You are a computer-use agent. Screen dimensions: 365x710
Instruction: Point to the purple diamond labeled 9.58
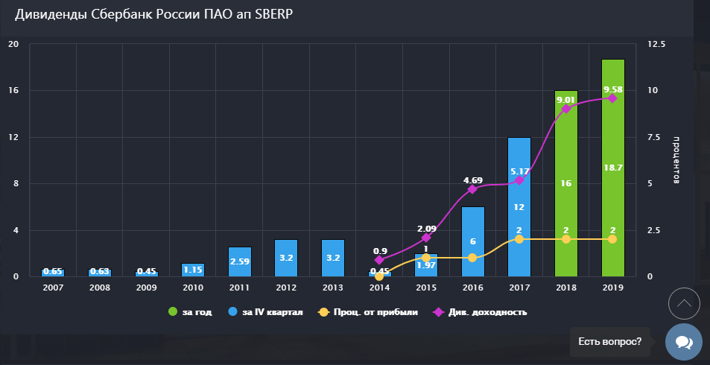[x=612, y=98]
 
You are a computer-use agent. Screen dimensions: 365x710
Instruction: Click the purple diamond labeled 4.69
[x=472, y=189]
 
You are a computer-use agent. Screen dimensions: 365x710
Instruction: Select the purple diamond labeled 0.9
[x=379, y=260]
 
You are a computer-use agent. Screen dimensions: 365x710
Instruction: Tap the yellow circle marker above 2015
[x=426, y=258]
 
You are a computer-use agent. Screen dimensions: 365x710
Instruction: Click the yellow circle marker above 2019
[x=612, y=239]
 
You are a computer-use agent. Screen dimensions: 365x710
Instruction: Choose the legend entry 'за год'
[x=191, y=312]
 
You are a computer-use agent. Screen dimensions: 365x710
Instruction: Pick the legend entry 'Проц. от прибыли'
[x=367, y=312]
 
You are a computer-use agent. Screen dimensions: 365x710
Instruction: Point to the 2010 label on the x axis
[x=192, y=286]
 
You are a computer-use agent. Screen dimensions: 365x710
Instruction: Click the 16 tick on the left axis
[x=13, y=90]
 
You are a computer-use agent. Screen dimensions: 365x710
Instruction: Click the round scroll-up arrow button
[x=683, y=303]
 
